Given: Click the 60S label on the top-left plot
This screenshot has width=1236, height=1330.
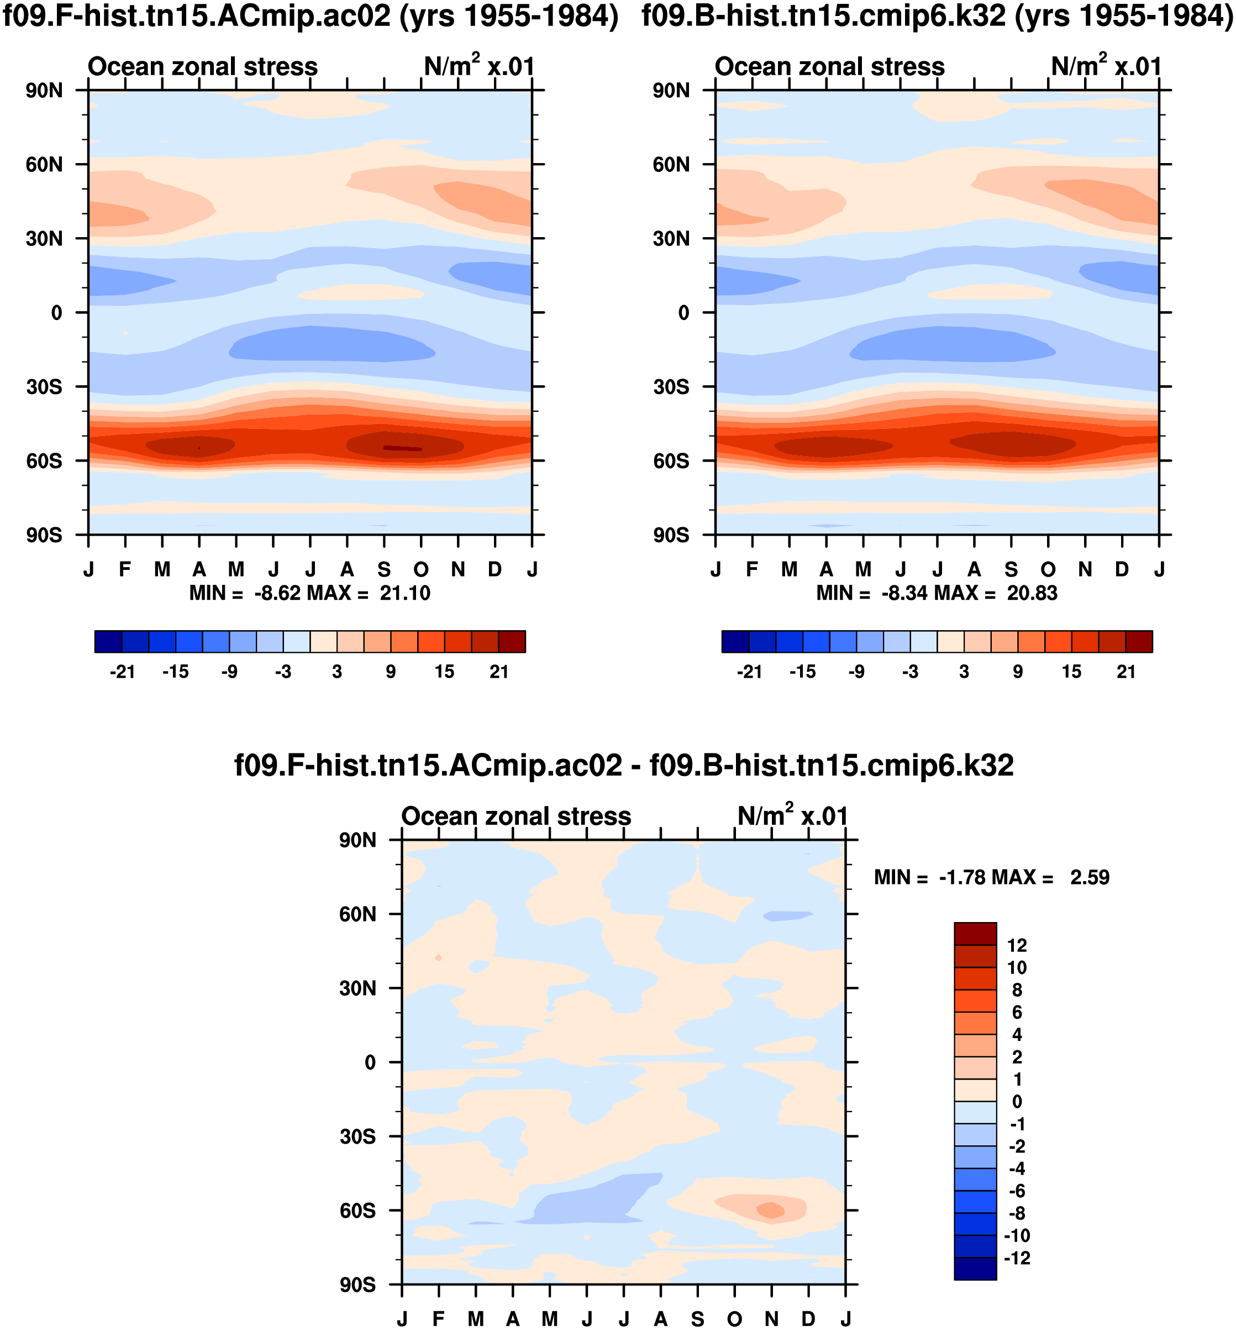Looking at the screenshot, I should pyautogui.click(x=44, y=462).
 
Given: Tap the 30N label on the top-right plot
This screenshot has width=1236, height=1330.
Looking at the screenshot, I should pyautogui.click(x=671, y=239).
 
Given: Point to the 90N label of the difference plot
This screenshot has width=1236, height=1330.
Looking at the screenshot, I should pyautogui.click(x=358, y=841).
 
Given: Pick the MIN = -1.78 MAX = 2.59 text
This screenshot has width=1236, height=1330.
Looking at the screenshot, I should pyautogui.click(x=991, y=878).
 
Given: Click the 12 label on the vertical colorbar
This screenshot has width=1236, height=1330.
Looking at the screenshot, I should pyautogui.click(x=1017, y=946).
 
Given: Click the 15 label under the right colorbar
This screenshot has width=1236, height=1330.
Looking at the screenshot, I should pyautogui.click(x=1071, y=672).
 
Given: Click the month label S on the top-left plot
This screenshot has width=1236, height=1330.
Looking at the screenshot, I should pyautogui.click(x=384, y=570).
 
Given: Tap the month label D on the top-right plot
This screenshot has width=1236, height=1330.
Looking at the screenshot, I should pyautogui.click(x=1122, y=570).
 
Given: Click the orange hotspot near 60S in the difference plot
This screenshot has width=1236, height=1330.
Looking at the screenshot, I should pyautogui.click(x=770, y=1210).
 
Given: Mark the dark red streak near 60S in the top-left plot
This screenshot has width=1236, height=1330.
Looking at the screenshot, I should pyautogui.click(x=402, y=448).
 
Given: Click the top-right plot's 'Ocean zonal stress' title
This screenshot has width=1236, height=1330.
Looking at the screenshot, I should pyautogui.click(x=829, y=67).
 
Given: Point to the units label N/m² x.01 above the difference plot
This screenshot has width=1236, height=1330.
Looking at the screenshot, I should pyautogui.click(x=792, y=816).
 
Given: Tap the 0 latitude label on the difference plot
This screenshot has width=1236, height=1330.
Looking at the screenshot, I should pyautogui.click(x=370, y=1062).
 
